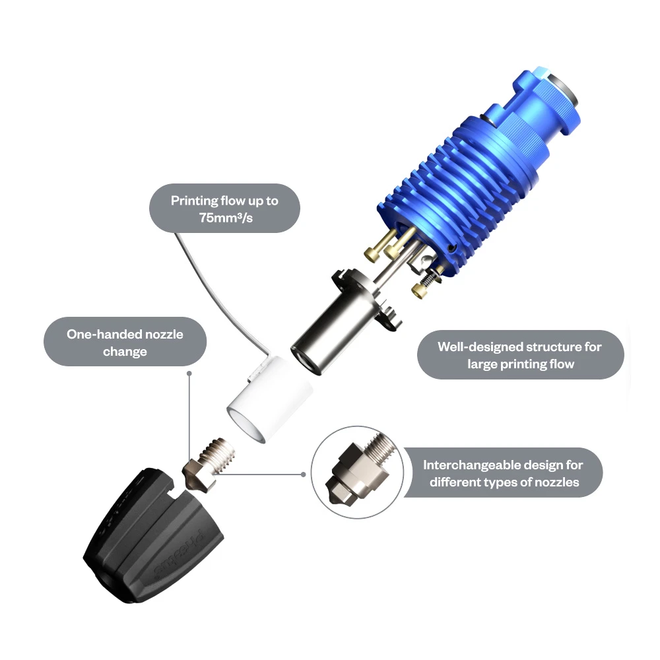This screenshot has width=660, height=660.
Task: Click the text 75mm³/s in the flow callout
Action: (226, 218)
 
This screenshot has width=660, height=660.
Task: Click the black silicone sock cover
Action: (153, 535)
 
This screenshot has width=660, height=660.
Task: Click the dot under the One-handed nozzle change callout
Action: (189, 374)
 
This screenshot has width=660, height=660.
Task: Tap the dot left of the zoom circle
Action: (303, 475)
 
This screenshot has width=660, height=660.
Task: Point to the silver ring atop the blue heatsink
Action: (562, 90)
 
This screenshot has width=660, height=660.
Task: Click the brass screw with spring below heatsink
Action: (426, 283)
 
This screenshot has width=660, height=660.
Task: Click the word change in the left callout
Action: (125, 352)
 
